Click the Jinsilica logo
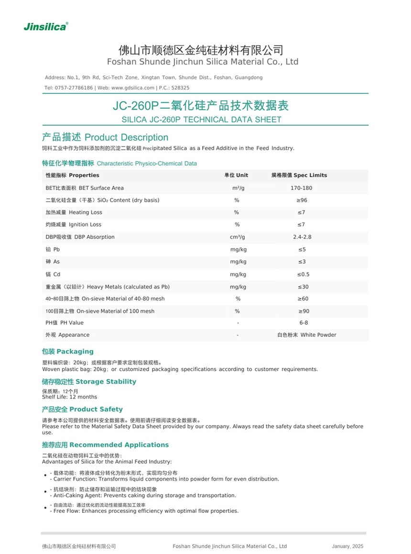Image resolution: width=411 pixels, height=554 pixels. click(46, 26)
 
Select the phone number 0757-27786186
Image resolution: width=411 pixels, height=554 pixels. click(74, 88)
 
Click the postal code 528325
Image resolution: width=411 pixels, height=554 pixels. click(180, 88)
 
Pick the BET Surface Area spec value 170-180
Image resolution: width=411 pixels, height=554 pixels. click(301, 188)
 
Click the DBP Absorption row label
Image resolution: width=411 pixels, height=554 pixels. click(80, 237)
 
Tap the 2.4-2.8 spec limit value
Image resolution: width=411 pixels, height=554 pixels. click(302, 237)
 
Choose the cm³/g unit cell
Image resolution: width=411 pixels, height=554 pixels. click(237, 237)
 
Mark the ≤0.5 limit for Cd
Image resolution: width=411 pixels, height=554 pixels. click(303, 274)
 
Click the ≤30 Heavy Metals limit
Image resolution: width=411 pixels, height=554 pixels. click(303, 287)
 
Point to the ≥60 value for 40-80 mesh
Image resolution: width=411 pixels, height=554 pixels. click(303, 299)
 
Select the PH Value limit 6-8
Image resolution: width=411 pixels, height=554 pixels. click(303, 323)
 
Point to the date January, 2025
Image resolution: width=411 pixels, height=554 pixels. click(347, 546)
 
